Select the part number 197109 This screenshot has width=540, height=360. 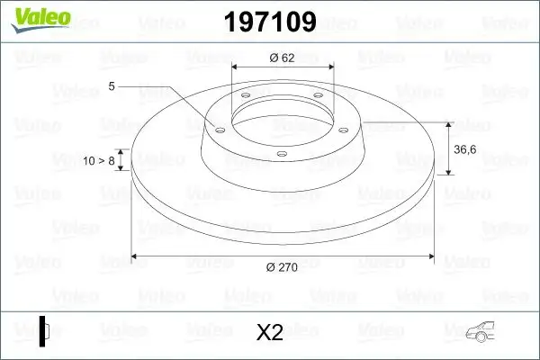coord(270,22)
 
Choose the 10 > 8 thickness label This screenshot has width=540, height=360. coord(99,160)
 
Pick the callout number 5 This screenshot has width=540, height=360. coord(112,86)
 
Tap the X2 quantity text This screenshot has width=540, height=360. coord(270,333)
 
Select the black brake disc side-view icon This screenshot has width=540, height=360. coord(43,331)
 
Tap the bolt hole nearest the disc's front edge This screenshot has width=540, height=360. coord(282,154)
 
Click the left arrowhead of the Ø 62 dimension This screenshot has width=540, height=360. coord(236,67)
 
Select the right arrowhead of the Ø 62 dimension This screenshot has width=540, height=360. coord(331,67)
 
